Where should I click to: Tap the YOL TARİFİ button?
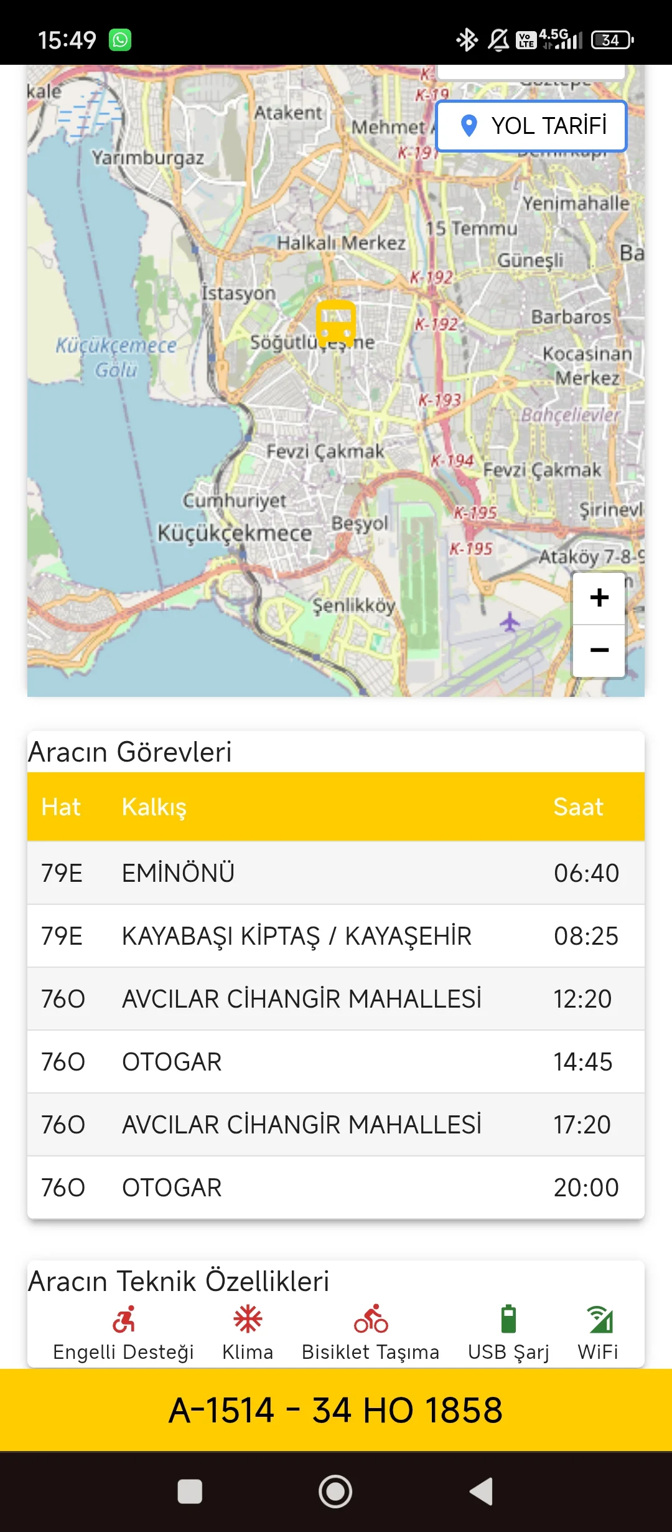[532, 126]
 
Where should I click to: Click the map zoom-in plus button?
[599, 598]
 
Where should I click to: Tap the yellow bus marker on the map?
[336, 323]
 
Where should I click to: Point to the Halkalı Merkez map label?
[341, 242]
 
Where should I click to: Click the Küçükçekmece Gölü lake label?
[116, 357]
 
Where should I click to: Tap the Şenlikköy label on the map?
[353, 605]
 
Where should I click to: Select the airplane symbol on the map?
[510, 621]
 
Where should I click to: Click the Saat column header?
[578, 807]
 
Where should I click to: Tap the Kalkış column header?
[154, 807]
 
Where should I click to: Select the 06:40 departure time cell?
[586, 873]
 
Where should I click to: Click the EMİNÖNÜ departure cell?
[178, 873]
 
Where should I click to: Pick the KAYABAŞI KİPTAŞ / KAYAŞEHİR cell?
[297, 936]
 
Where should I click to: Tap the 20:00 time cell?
[586, 1188]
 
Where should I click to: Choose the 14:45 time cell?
[583, 1062]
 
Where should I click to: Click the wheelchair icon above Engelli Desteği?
[124, 1318]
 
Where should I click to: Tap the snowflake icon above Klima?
[248, 1318]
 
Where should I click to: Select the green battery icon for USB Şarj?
[508, 1318]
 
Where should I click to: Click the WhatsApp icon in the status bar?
[120, 40]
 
